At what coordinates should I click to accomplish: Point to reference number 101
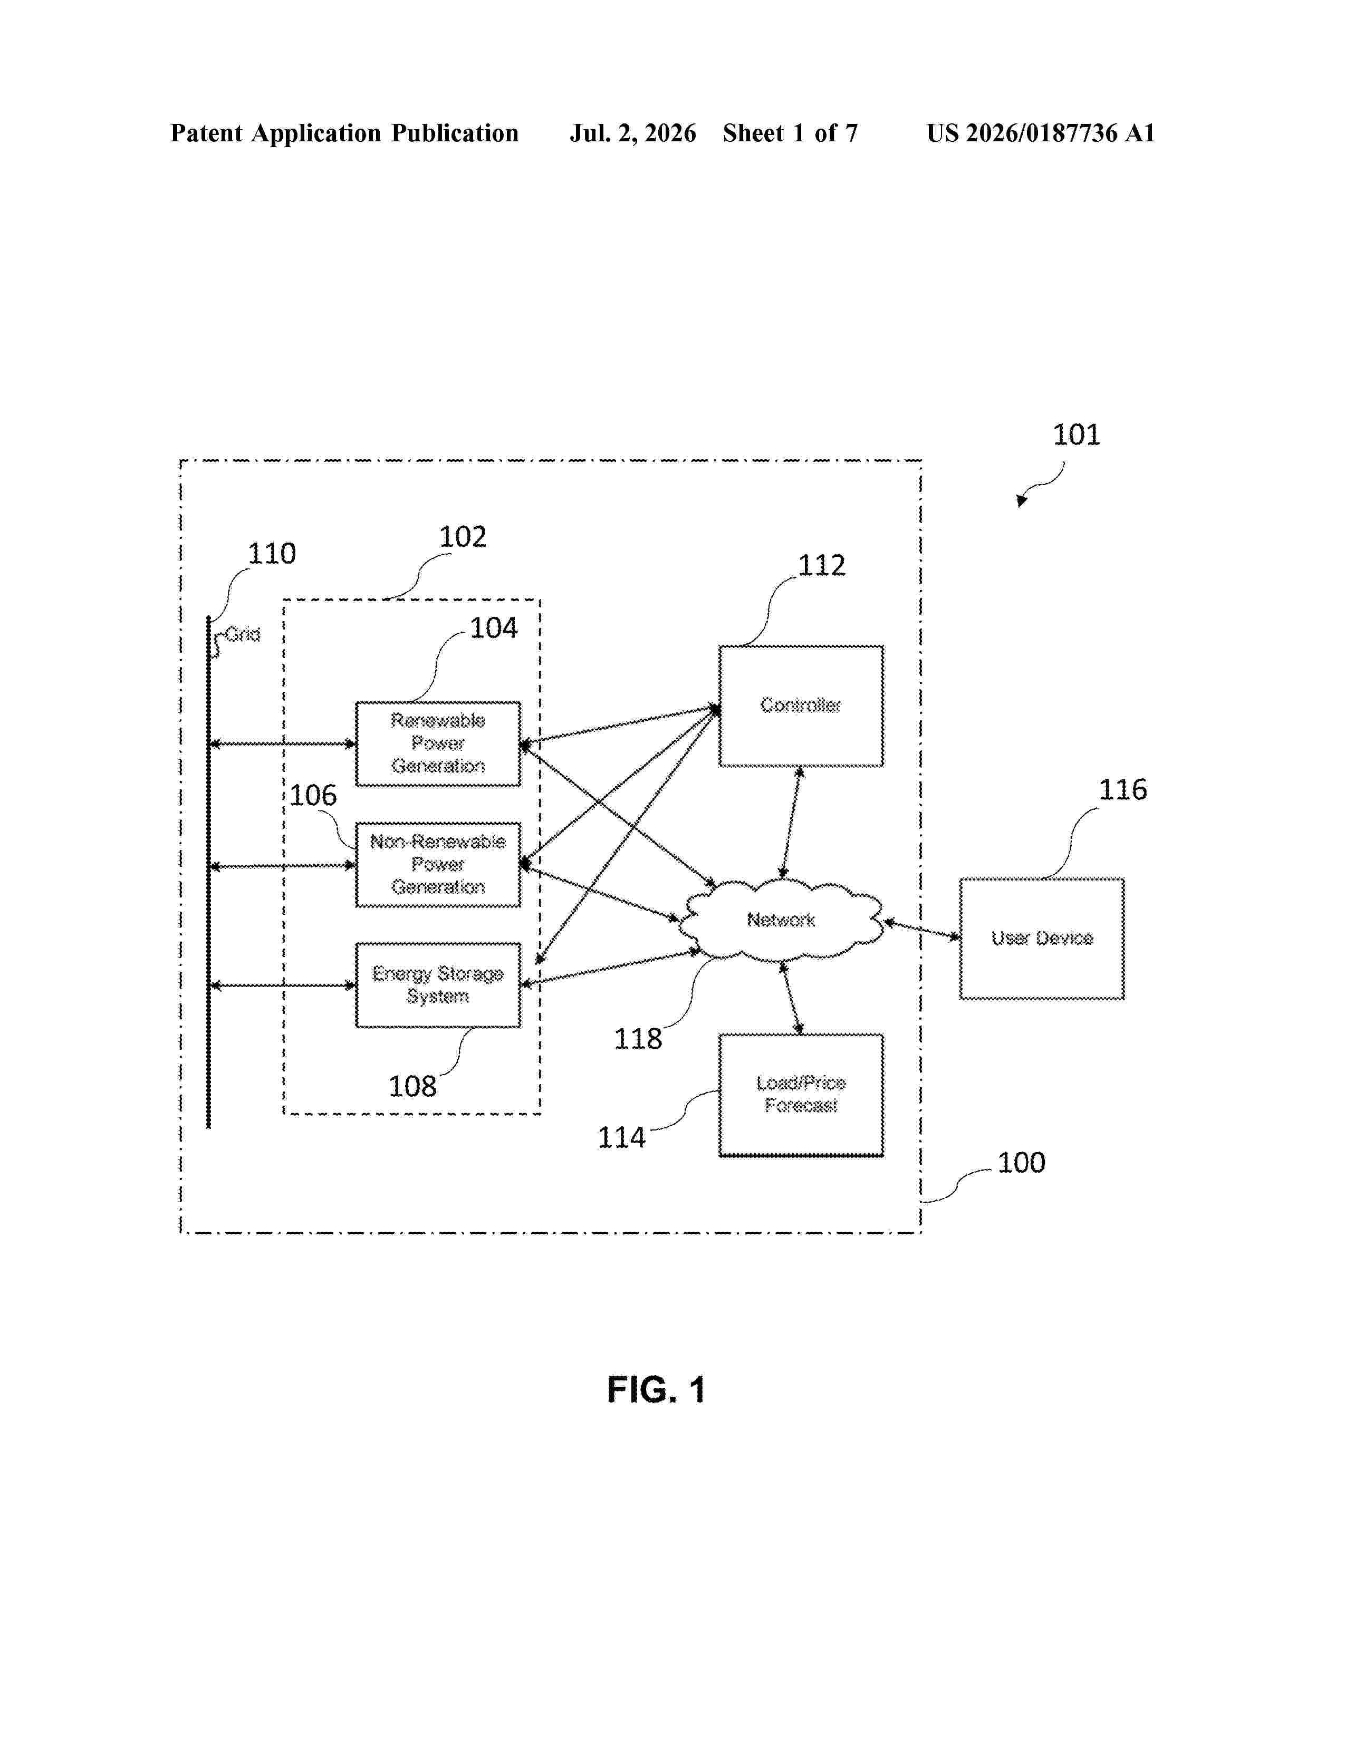click(1077, 435)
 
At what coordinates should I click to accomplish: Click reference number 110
click(272, 554)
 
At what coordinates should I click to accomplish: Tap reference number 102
click(463, 537)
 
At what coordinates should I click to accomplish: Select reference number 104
click(493, 629)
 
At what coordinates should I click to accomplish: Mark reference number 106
click(313, 795)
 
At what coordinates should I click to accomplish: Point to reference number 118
click(638, 1039)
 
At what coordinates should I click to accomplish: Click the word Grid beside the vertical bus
click(243, 635)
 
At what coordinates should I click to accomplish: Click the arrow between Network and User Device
click(922, 930)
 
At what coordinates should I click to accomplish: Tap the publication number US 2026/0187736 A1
click(1041, 133)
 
